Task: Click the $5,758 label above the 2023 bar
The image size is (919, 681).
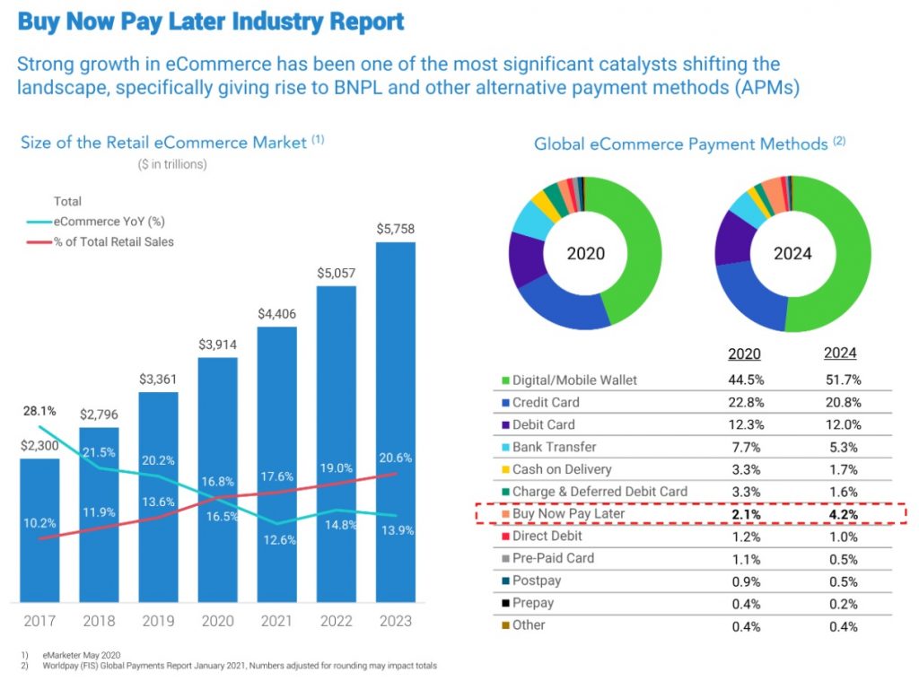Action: click(x=396, y=228)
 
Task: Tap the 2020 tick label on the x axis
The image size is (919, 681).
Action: click(x=218, y=621)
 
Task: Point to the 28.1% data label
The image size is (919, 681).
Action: click(x=39, y=412)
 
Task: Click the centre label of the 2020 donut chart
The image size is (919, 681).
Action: click(x=585, y=254)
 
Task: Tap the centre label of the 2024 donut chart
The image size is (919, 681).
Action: click(x=792, y=254)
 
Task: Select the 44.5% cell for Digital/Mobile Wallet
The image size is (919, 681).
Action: click(x=746, y=380)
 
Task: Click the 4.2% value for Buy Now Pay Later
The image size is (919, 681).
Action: click(x=841, y=514)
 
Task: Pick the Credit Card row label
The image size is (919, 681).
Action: click(x=546, y=403)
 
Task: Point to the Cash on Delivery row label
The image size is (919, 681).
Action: click(x=562, y=469)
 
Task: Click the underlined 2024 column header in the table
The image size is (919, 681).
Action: click(x=841, y=354)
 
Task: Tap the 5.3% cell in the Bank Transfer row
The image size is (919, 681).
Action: click(x=841, y=447)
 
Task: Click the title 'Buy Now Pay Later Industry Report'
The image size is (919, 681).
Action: click(x=211, y=22)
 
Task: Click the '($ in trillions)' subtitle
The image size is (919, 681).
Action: click(x=172, y=164)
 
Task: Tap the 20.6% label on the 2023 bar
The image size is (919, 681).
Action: click(x=396, y=458)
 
